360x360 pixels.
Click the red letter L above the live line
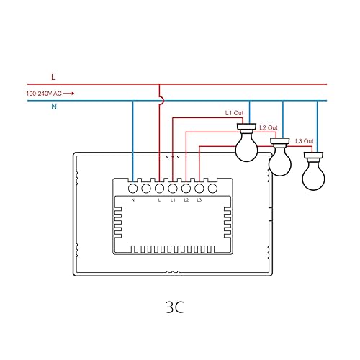click(x=53, y=76)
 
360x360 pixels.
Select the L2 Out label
click(x=269, y=128)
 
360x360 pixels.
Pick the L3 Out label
click(x=305, y=140)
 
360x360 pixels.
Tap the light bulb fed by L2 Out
click(x=279, y=159)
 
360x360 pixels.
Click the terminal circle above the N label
click(x=133, y=189)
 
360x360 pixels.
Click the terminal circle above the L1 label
click(x=173, y=189)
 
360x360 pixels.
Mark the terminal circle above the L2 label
click(x=186, y=189)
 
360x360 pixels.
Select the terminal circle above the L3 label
click(x=199, y=189)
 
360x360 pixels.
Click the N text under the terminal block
click(x=133, y=200)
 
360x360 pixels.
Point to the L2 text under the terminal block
click(x=186, y=200)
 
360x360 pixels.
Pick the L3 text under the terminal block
click(x=199, y=200)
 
